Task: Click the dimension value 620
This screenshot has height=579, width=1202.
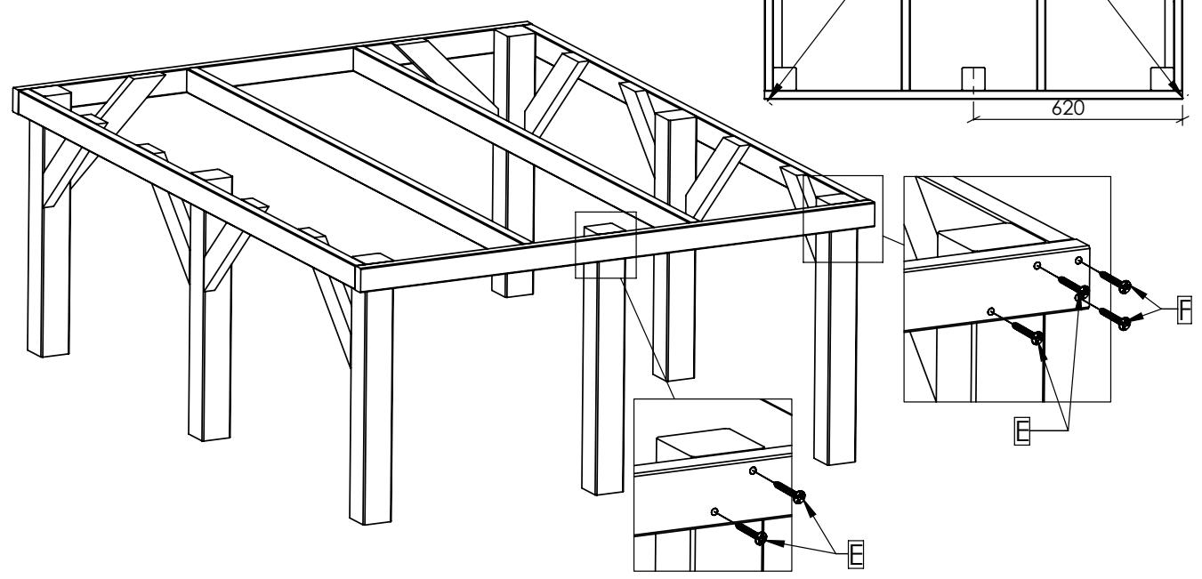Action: click(1068, 108)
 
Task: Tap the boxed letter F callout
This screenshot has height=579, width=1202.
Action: click(1184, 310)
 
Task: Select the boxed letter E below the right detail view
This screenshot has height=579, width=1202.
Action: click(1022, 430)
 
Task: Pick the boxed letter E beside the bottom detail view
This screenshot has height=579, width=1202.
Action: click(856, 554)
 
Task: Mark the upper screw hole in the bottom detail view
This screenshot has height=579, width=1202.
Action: click(753, 470)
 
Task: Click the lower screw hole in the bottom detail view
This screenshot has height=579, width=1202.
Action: click(714, 512)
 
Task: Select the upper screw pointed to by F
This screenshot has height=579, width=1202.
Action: click(1115, 282)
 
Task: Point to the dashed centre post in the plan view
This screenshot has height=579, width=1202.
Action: click(972, 79)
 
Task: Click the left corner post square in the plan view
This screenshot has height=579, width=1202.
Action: click(785, 79)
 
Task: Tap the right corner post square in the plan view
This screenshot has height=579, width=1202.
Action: click(1162, 79)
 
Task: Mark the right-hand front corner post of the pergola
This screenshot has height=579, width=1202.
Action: click(836, 346)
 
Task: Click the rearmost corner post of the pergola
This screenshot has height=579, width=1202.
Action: click(513, 161)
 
